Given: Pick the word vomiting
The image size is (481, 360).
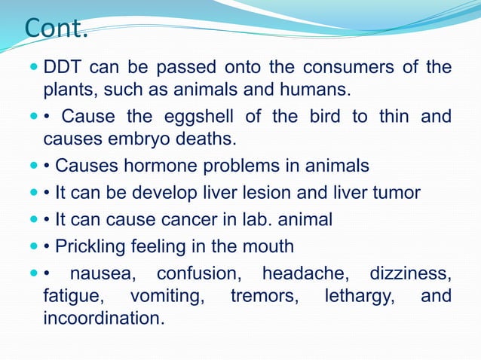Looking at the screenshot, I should [167, 296].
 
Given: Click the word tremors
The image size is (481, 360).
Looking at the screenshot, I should [265, 296].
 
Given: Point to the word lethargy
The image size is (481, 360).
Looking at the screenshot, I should [358, 296].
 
